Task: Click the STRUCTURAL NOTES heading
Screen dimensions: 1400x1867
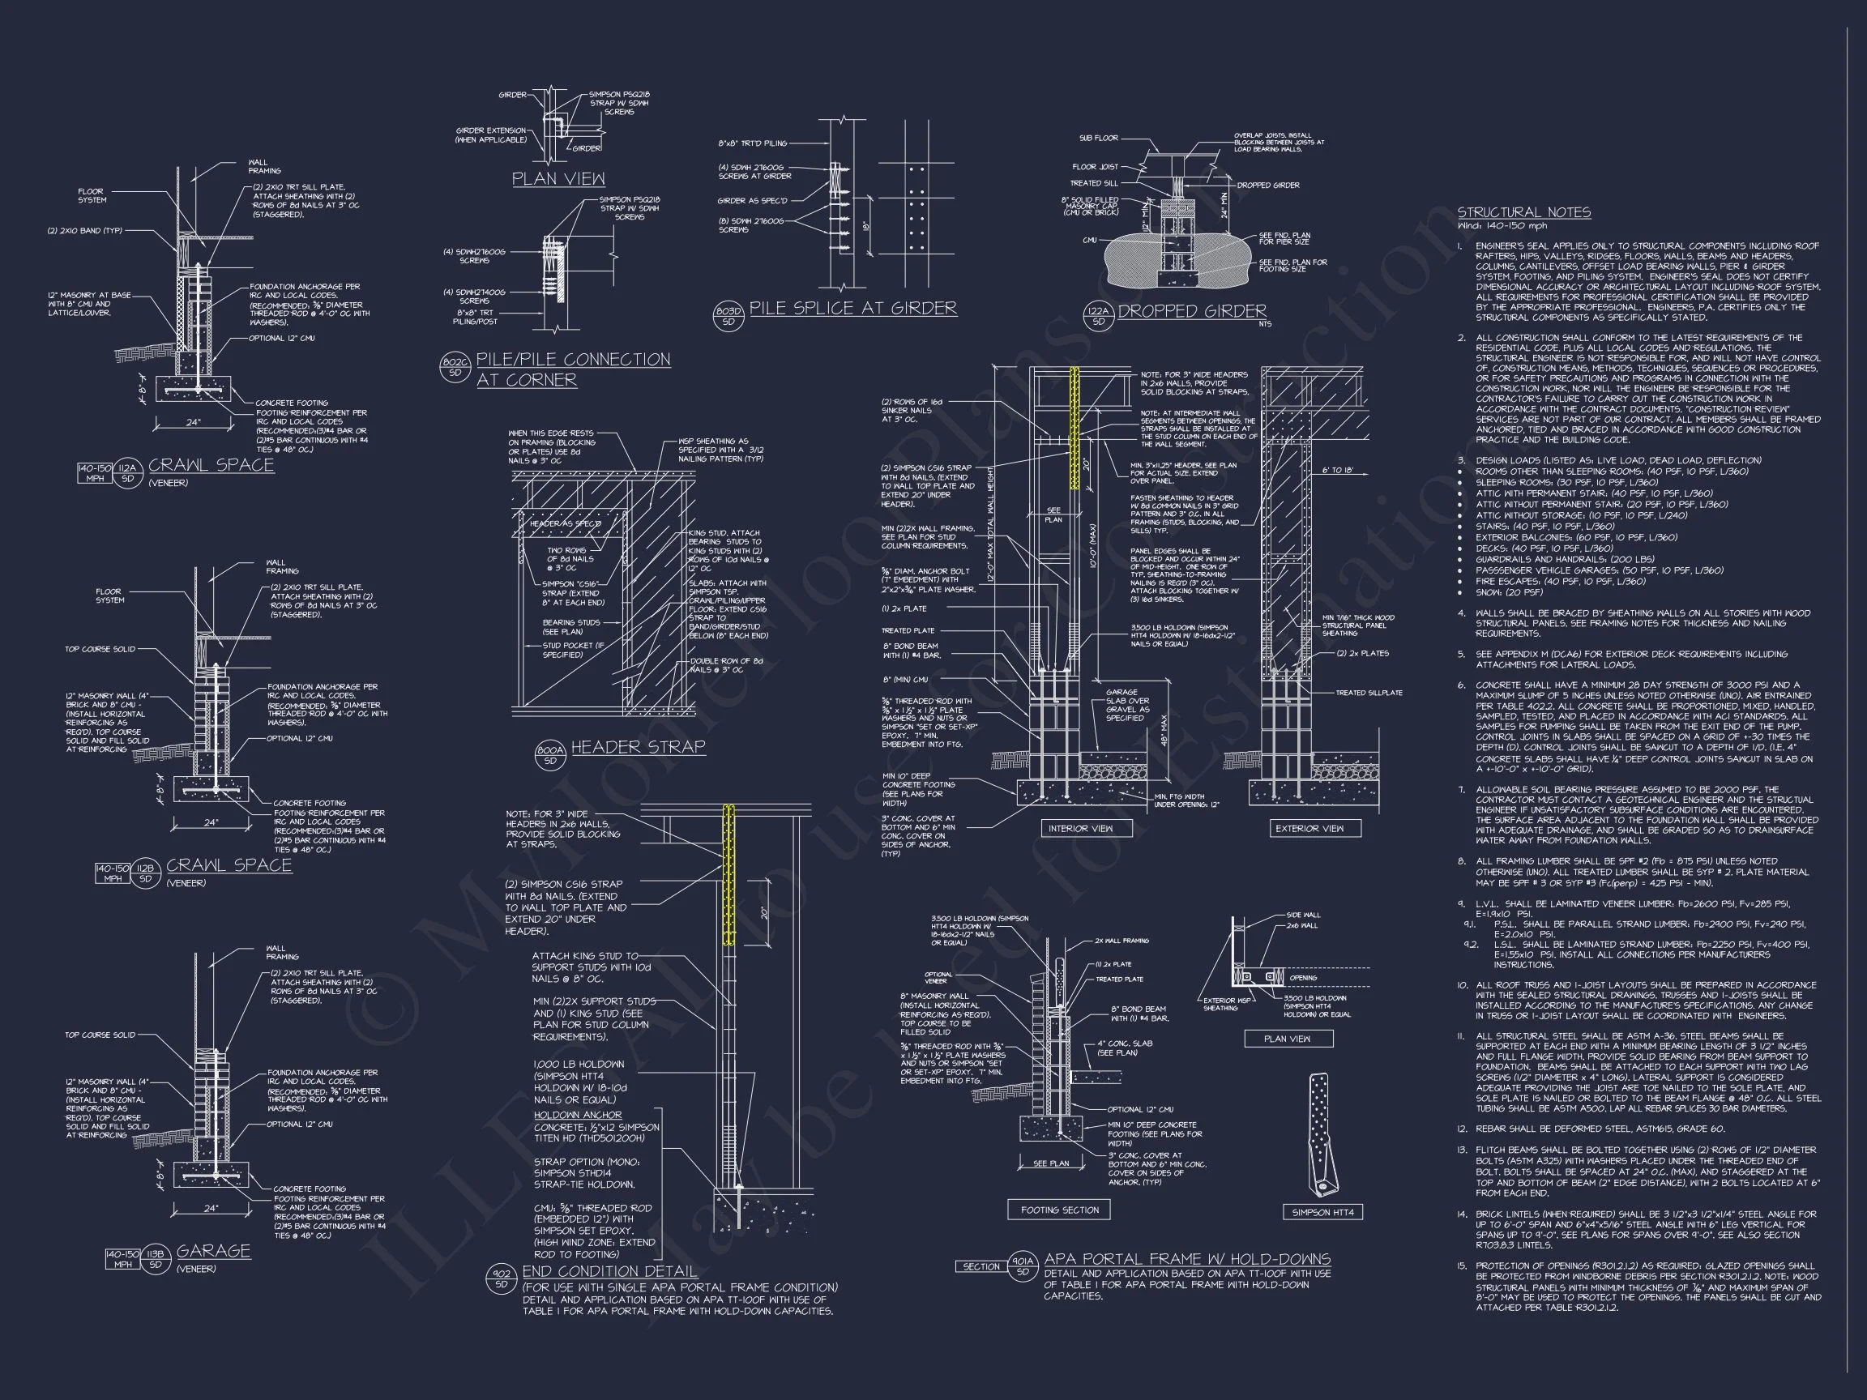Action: click(1523, 212)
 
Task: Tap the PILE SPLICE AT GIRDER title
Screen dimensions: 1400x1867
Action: click(852, 309)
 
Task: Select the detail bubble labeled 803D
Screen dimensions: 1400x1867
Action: click(728, 315)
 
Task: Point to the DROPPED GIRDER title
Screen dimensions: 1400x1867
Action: click(1191, 311)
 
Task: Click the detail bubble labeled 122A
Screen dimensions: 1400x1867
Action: click(1097, 317)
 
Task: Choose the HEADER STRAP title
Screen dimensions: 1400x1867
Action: click(637, 747)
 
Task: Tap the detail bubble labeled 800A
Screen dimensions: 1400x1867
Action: click(550, 753)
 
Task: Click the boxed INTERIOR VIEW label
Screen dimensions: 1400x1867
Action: click(1079, 829)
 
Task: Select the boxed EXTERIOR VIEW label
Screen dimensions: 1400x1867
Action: click(1309, 829)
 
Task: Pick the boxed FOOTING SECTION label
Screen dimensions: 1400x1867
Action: click(1059, 1210)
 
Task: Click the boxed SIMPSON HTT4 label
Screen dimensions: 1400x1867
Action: click(1322, 1213)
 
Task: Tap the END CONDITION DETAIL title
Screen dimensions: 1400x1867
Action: click(609, 1272)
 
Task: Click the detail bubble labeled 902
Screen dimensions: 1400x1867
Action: click(502, 1278)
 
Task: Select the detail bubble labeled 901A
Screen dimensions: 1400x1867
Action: click(1022, 1266)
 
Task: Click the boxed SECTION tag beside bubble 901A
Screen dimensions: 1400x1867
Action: click(980, 1266)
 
